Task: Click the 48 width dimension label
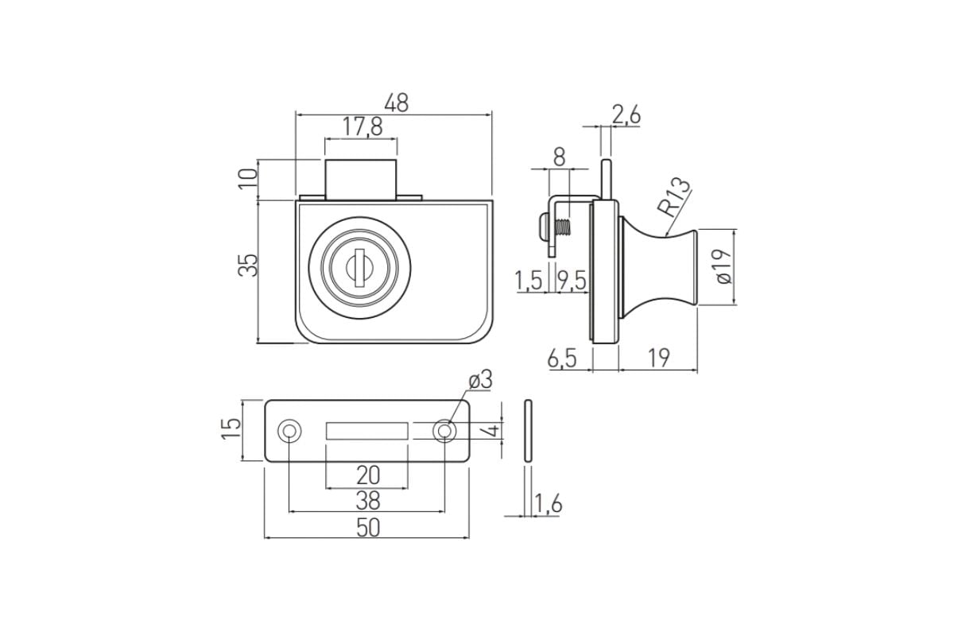(396, 103)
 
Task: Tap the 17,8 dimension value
(363, 127)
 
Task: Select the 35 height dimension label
(248, 266)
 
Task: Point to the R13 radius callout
(673, 197)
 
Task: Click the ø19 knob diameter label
(723, 266)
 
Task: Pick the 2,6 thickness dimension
(626, 115)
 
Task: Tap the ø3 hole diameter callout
(480, 379)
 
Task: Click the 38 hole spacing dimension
(368, 501)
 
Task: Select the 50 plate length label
(368, 528)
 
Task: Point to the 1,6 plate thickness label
(548, 504)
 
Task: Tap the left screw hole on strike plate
(289, 431)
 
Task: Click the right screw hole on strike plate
(444, 431)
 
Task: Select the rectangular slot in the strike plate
(366, 431)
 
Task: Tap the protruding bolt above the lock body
(361, 180)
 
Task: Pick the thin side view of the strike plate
(528, 431)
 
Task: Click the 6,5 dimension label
(562, 359)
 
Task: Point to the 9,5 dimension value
(572, 281)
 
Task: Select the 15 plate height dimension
(231, 429)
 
